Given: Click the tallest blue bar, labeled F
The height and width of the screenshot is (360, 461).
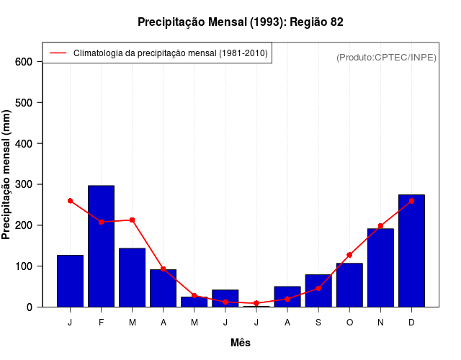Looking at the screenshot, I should pyautogui.click(x=101, y=246).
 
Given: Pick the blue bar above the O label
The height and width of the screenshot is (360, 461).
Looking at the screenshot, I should pyautogui.click(x=349, y=285).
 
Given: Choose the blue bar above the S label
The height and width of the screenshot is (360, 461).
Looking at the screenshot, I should pyautogui.click(x=318, y=291).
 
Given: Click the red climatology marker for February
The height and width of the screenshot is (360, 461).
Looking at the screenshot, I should pyautogui.click(x=101, y=222).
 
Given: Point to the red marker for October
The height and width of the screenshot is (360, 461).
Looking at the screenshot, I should pyautogui.click(x=349, y=255).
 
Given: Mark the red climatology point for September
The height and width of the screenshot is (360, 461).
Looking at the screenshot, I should pyautogui.click(x=318, y=288).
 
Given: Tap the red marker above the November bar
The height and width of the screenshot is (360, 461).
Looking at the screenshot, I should pyautogui.click(x=380, y=226).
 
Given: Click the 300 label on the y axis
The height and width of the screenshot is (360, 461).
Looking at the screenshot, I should pyautogui.click(x=24, y=184).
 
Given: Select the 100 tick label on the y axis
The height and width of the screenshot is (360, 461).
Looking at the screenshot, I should pyautogui.click(x=24, y=266).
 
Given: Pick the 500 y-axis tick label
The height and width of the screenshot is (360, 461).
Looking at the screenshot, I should pyautogui.click(x=24, y=103).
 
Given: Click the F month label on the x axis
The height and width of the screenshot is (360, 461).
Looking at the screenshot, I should pyautogui.click(x=101, y=323).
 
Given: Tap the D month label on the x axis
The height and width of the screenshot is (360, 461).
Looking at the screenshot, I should pyautogui.click(x=411, y=323).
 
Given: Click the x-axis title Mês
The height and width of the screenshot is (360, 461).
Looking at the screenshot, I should pyautogui.click(x=241, y=343).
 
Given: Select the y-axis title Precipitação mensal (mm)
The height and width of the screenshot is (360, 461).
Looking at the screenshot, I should pyautogui.click(x=7, y=174).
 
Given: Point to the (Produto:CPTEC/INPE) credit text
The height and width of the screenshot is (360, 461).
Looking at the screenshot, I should pyautogui.click(x=386, y=58).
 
